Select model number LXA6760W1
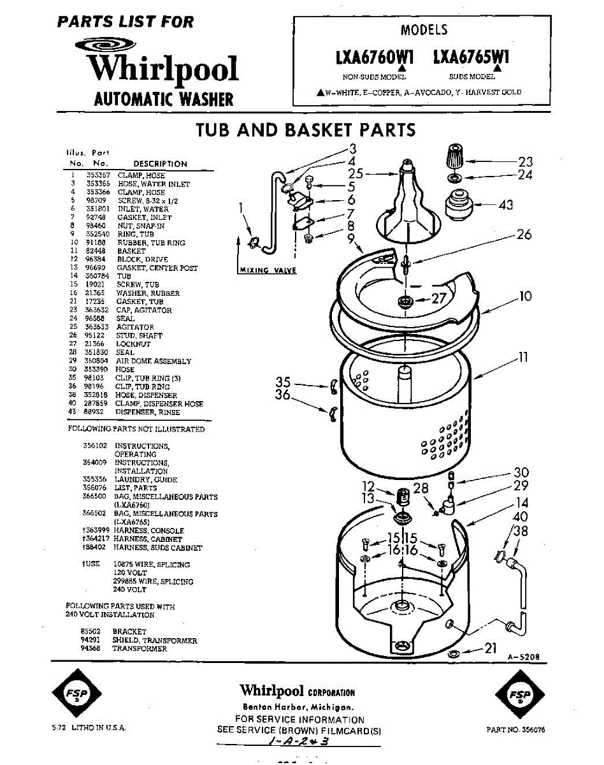(x=375, y=58)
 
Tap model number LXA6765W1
(x=471, y=58)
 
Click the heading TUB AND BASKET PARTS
(x=305, y=130)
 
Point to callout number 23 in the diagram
(x=525, y=162)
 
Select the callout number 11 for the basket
(x=523, y=358)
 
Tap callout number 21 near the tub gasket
(x=490, y=649)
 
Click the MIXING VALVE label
(x=268, y=270)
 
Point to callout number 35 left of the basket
(x=283, y=382)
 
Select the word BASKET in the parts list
(x=131, y=251)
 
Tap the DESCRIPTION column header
(x=160, y=164)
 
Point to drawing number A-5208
(x=524, y=657)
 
